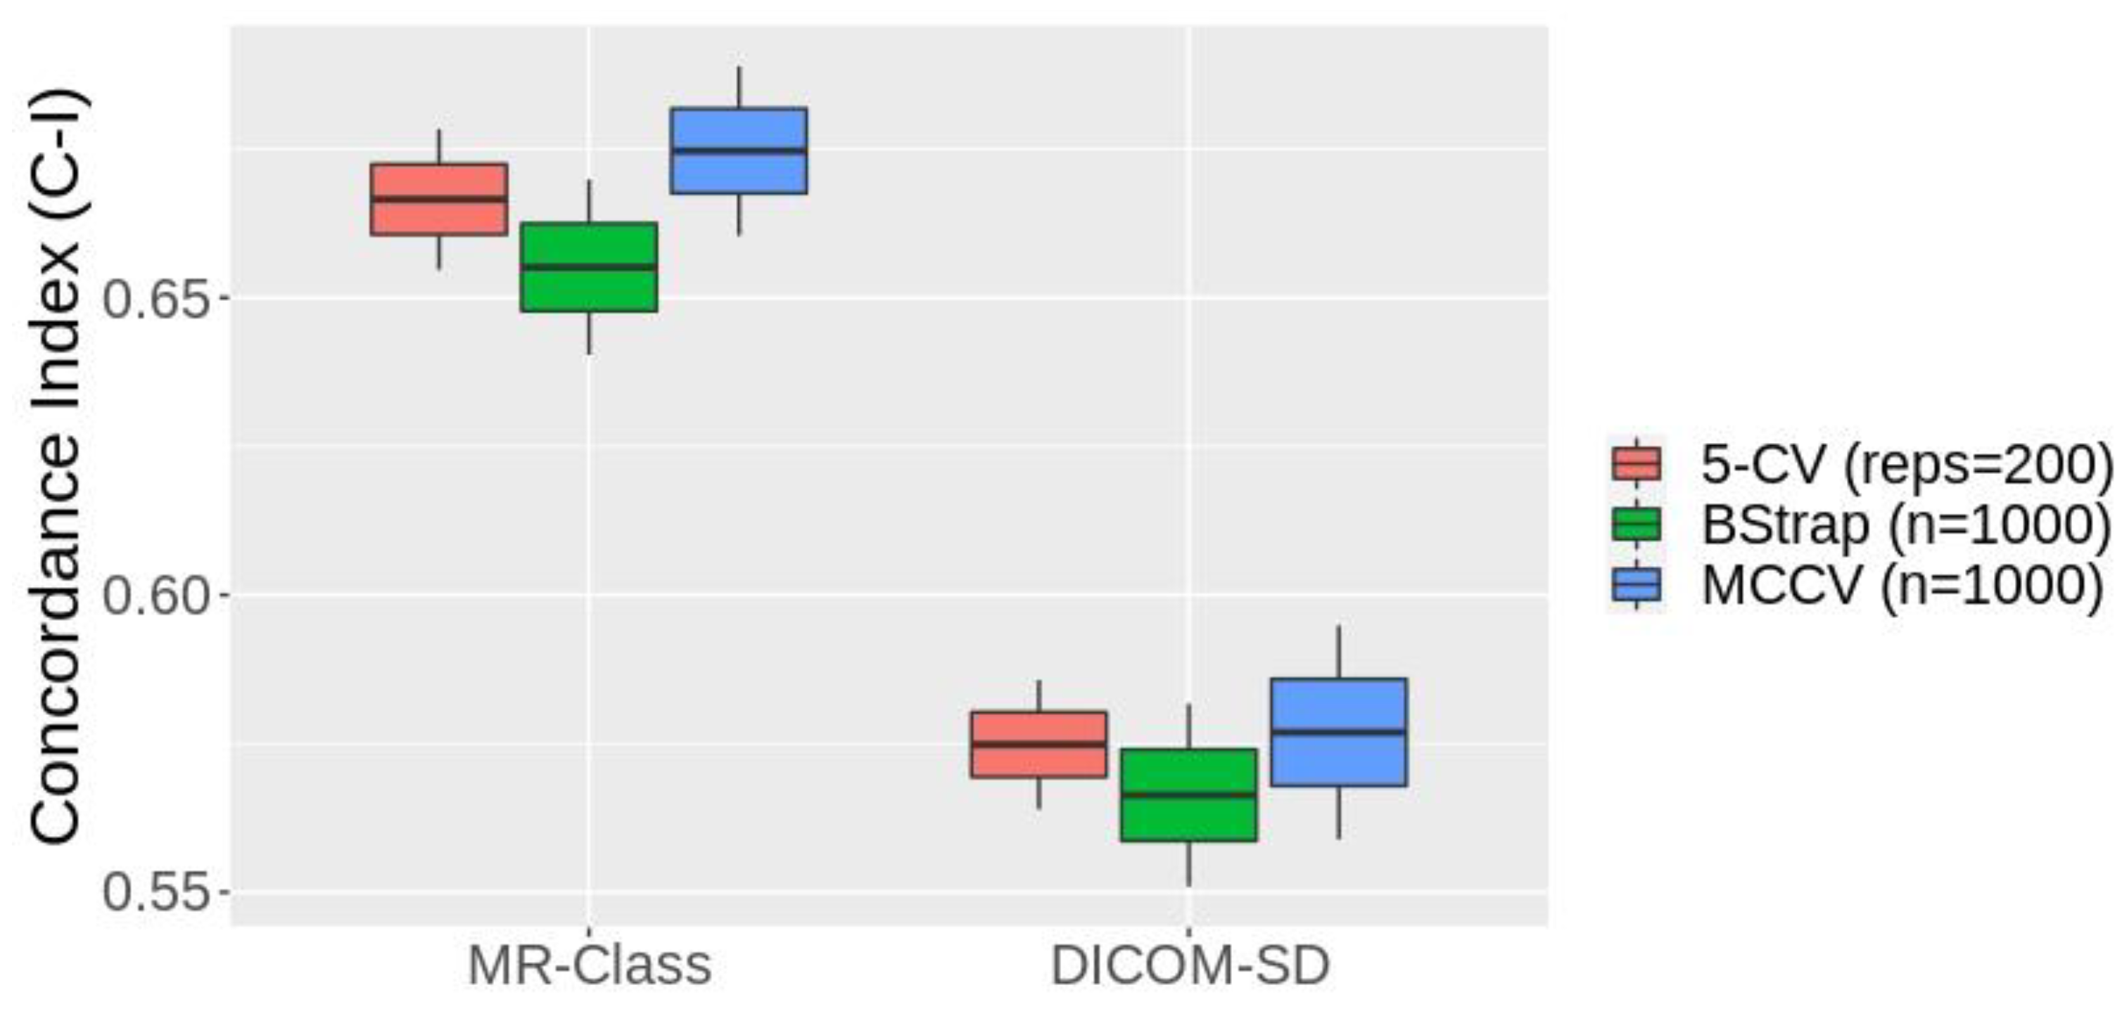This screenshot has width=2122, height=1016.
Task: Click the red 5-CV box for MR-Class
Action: point(438,199)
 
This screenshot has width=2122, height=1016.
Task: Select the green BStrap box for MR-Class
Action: point(588,266)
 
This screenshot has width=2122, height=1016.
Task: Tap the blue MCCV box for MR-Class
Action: point(738,150)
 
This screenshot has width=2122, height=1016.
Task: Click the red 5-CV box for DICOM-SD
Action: point(1038,745)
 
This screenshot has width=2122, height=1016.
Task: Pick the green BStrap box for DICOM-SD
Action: point(1188,795)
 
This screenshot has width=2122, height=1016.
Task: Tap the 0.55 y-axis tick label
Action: point(154,892)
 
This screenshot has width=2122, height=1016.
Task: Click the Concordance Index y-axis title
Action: point(56,466)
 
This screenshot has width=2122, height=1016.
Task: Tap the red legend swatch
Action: point(1636,463)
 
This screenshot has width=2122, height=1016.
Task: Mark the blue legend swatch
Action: point(1636,586)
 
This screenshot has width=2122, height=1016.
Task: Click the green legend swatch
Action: point(1636,525)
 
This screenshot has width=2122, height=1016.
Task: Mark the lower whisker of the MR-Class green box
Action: point(588,333)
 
